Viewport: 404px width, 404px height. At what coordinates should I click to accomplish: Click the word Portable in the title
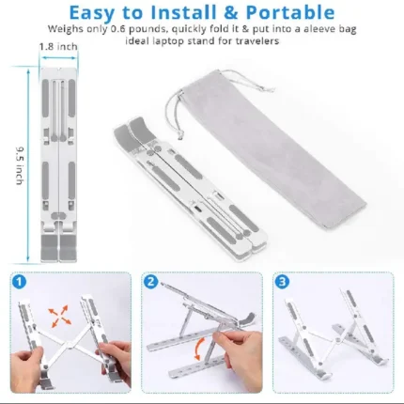pyautogui.click(x=290, y=13)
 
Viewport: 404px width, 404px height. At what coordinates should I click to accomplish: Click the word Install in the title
pyautogui.click(x=183, y=13)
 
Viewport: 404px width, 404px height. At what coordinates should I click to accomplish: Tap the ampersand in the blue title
pyautogui.click(x=230, y=13)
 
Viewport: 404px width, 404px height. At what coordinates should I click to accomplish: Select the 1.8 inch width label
pyautogui.click(x=58, y=47)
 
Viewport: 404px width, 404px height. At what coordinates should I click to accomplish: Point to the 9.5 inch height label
pyautogui.click(x=20, y=165)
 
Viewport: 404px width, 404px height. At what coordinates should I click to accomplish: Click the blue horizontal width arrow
pyautogui.click(x=59, y=57)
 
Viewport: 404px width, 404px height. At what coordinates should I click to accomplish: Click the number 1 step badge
pyautogui.click(x=20, y=282)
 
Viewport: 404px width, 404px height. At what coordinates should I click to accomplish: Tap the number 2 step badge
pyautogui.click(x=151, y=282)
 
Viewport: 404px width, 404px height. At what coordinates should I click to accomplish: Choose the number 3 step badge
pyautogui.click(x=282, y=282)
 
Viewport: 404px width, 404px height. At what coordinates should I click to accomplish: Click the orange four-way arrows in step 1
pyautogui.click(x=59, y=316)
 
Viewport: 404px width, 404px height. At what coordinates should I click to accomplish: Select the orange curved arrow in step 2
pyautogui.click(x=197, y=349)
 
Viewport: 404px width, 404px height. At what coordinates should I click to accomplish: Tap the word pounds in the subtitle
pyautogui.click(x=148, y=29)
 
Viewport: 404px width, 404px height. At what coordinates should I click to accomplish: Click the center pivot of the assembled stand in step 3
pyautogui.click(x=336, y=340)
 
